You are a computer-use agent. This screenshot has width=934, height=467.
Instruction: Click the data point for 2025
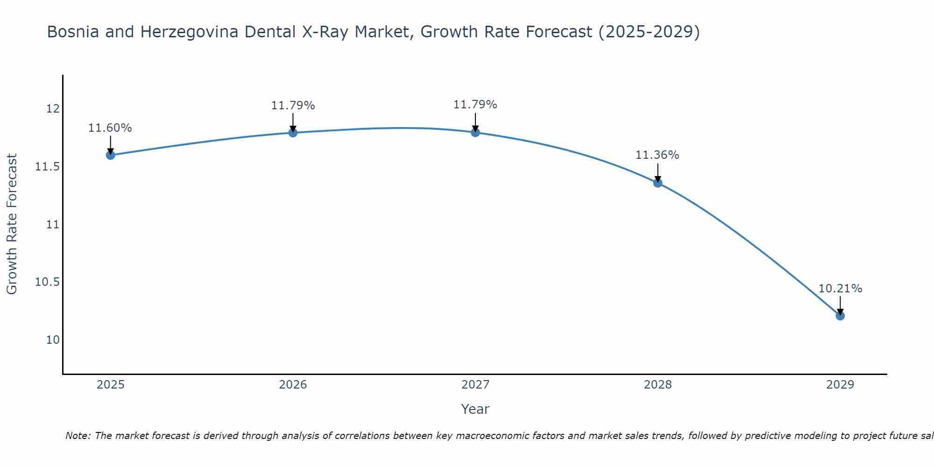[111, 155]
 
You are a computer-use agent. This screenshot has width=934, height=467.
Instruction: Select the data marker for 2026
[293, 133]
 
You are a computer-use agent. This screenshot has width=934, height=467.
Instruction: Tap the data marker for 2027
[475, 133]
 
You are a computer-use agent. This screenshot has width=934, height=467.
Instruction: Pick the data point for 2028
[658, 183]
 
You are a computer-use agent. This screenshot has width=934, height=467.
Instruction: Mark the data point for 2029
[840, 316]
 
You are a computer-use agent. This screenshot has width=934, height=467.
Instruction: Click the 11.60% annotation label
[110, 128]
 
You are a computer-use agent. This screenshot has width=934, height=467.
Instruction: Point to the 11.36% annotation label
[657, 155]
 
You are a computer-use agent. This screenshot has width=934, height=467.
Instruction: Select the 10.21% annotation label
[840, 289]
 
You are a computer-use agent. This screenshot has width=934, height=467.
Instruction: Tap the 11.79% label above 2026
[293, 106]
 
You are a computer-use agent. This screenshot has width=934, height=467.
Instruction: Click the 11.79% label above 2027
[475, 105]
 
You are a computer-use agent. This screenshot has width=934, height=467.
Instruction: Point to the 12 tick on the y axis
[53, 109]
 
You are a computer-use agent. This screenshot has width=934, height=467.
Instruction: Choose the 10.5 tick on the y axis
[48, 282]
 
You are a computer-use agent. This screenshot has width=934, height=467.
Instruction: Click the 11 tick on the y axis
[53, 225]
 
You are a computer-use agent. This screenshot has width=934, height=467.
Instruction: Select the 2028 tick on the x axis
[658, 385]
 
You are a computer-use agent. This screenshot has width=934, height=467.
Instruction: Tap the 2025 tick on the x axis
[111, 385]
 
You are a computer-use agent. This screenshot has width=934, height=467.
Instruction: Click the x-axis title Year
[475, 409]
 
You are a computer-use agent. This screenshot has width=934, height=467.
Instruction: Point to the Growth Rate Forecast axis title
[12, 224]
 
